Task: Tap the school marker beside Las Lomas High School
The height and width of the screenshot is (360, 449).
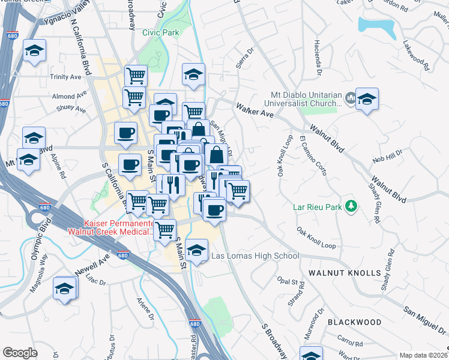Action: tap(196, 251)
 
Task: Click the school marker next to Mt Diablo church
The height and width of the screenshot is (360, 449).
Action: tap(366, 100)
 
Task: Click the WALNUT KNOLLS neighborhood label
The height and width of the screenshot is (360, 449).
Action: tap(345, 273)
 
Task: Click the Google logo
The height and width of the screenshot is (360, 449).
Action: tap(20, 353)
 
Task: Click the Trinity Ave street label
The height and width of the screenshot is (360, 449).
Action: tap(65, 77)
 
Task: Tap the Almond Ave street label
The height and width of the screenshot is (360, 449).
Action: tap(70, 96)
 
